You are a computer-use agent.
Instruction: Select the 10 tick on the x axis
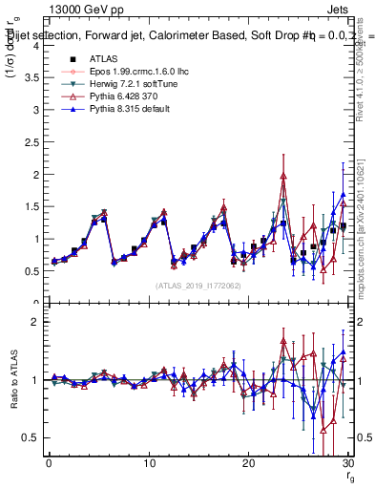[x=149, y=464]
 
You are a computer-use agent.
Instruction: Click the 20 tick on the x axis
[x=248, y=464]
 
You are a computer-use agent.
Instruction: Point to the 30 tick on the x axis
[x=347, y=464]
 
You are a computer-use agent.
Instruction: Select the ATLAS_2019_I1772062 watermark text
[x=198, y=286]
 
